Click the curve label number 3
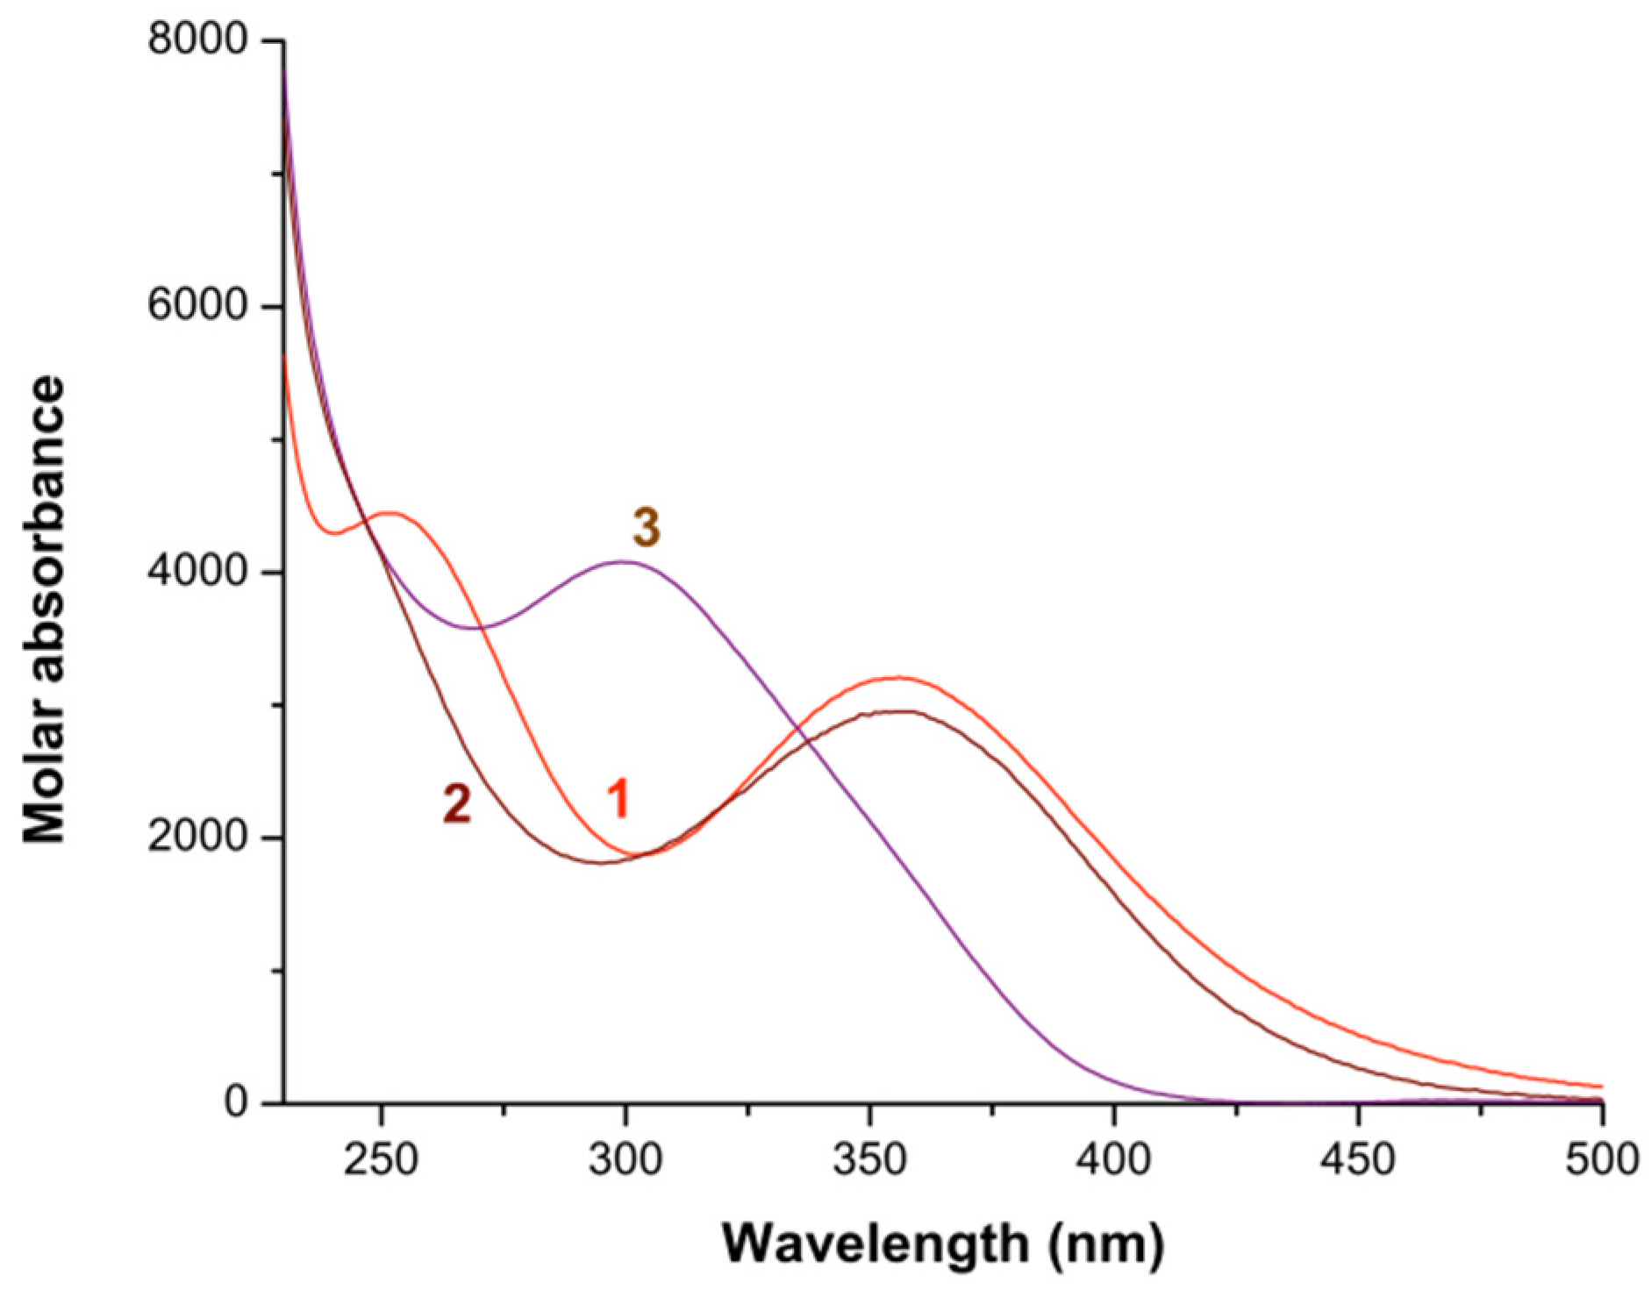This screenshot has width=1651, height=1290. coord(647,529)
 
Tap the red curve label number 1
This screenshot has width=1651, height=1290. coord(619,799)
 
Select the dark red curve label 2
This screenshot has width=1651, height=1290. coord(457,803)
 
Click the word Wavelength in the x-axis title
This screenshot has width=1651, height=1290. coord(877,1244)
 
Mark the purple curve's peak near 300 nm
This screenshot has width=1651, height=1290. coord(623,561)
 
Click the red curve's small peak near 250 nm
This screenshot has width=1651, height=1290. coord(391,513)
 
